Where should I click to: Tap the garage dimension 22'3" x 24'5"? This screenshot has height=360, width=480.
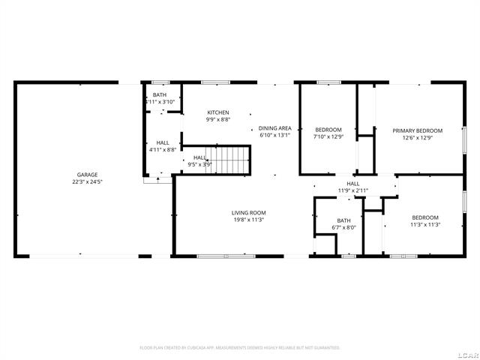(x=87, y=181)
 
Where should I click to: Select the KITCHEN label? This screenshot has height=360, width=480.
(x=218, y=112)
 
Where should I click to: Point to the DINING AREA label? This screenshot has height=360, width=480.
(x=270, y=129)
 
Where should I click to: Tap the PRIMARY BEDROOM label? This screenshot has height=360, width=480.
(x=418, y=130)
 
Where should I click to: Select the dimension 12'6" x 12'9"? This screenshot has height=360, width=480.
(x=418, y=138)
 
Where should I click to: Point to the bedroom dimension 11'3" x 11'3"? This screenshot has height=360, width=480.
(x=424, y=224)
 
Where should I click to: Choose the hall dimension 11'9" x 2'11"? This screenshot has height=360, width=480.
(x=352, y=190)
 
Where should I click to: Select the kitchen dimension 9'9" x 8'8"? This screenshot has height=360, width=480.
(x=218, y=120)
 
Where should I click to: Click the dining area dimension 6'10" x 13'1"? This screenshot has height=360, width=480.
(x=270, y=136)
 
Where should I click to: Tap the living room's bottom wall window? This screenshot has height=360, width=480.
(x=225, y=256)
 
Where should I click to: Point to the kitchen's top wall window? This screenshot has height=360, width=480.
(x=215, y=82)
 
